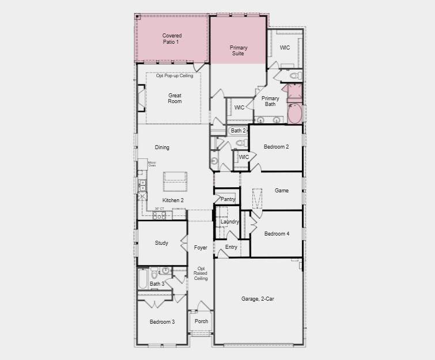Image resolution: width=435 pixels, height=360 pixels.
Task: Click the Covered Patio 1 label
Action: [171, 39]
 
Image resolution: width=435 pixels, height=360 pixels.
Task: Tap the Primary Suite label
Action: [239, 51]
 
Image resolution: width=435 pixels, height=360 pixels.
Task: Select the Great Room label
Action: [175, 98]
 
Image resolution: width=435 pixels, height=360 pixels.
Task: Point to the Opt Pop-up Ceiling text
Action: [174, 75]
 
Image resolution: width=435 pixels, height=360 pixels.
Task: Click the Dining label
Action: [162, 147]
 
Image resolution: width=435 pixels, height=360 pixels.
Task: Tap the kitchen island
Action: [175, 181]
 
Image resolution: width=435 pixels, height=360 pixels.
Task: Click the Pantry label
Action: [228, 199]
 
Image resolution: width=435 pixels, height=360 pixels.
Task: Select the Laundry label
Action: [229, 222]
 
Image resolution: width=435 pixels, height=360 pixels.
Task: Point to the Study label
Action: [161, 243]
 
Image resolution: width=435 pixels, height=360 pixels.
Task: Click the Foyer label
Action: [201, 248]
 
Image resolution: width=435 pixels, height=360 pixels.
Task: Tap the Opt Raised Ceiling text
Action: [201, 274]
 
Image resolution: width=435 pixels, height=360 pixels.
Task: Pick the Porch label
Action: [201, 321]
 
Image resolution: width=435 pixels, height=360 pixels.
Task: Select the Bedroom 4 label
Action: [277, 234]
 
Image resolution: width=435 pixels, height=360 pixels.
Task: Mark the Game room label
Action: [281, 191]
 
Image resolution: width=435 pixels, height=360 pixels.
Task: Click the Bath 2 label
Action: [239, 131]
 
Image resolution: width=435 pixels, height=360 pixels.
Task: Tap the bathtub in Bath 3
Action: [143, 279]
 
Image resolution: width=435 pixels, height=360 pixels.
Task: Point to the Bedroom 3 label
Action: [162, 321]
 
